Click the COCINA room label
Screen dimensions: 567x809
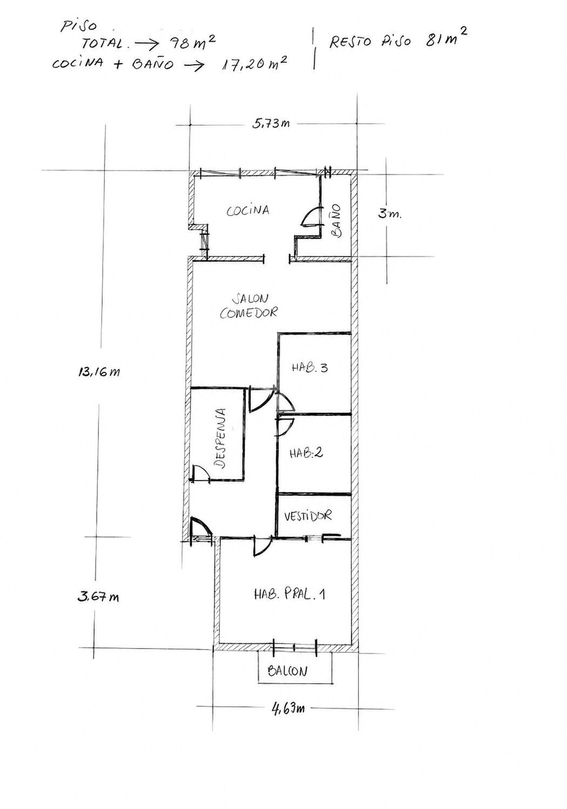pyautogui.click(x=248, y=210)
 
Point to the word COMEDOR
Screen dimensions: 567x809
pyautogui.click(x=248, y=312)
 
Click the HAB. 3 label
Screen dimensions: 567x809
pyautogui.click(x=310, y=368)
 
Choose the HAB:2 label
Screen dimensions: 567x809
pyautogui.click(x=306, y=453)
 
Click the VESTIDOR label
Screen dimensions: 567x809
pyautogui.click(x=308, y=516)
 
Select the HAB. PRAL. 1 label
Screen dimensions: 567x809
pyautogui.click(x=289, y=594)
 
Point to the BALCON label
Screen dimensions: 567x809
pyautogui.click(x=287, y=671)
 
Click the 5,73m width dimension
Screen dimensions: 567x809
pyautogui.click(x=271, y=124)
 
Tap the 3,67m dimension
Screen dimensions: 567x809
pyautogui.click(x=98, y=596)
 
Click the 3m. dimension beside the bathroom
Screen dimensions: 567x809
pyautogui.click(x=390, y=214)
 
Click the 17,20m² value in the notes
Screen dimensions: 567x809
pyautogui.click(x=254, y=65)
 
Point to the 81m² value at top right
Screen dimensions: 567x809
pyautogui.click(x=446, y=38)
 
